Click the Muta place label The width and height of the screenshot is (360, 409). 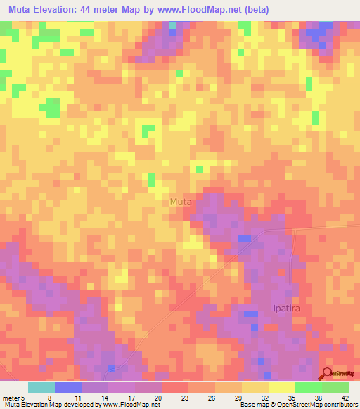pos(181,202)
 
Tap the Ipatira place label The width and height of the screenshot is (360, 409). pos(287,308)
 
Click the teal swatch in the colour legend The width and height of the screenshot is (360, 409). pos(41,388)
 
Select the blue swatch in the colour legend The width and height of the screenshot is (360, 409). pos(68,388)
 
